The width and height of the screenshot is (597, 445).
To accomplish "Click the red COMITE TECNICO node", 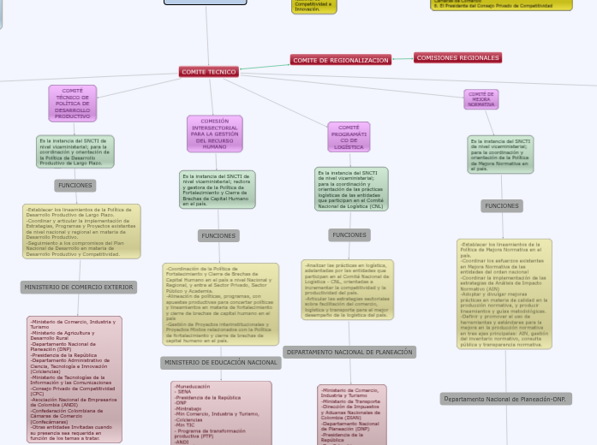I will (x=208, y=72).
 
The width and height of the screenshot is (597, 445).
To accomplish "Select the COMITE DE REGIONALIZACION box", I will (x=340, y=60).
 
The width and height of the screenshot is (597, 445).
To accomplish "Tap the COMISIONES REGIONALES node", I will (x=457, y=57).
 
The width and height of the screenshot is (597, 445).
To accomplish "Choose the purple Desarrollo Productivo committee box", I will (x=73, y=103).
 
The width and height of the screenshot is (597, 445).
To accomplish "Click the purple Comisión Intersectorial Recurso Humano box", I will (x=214, y=134).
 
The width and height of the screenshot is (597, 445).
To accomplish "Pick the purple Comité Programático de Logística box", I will (x=349, y=137).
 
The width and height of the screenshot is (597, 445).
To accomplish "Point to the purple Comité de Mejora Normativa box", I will (x=481, y=99).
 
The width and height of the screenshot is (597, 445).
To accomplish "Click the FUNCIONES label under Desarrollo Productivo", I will (x=75, y=185).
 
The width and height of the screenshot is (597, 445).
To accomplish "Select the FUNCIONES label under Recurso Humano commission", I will (x=218, y=235).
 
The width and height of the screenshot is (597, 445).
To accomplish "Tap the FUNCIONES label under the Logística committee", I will (x=349, y=234).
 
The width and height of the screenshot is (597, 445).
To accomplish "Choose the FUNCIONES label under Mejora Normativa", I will (x=501, y=205).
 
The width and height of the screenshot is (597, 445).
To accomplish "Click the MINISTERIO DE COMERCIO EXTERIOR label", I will (x=79, y=288).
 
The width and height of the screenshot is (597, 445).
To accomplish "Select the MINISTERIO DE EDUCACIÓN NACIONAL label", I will (x=220, y=363).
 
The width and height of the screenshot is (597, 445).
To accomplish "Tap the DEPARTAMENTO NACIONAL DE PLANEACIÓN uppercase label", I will (x=349, y=352).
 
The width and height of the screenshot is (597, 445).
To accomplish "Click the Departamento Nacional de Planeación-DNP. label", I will (x=505, y=399).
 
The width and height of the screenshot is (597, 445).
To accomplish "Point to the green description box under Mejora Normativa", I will (x=500, y=155).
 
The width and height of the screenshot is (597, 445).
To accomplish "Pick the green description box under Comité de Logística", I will (x=351, y=189).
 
